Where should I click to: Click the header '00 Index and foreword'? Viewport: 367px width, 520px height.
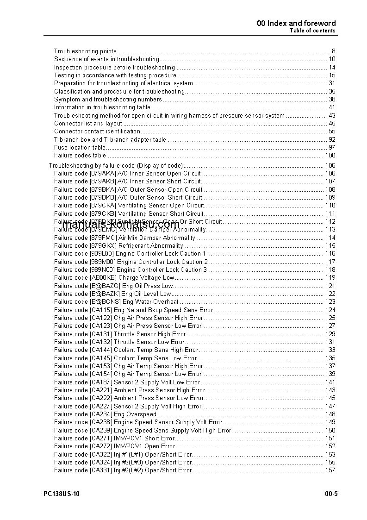pyautogui.click(x=296, y=23)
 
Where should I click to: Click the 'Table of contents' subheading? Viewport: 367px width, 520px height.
pyautogui.click(x=312, y=31)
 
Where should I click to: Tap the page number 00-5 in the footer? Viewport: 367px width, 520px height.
pyautogui.click(x=331, y=494)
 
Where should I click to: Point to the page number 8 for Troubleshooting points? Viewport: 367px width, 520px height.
pyautogui.click(x=333, y=51)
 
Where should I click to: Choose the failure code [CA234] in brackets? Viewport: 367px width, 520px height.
pyautogui.click(x=101, y=414)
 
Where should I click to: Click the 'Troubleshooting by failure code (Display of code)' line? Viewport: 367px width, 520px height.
pyautogui.click(x=116, y=165)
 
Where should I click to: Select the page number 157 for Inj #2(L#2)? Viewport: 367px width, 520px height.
pyautogui.click(x=330, y=470)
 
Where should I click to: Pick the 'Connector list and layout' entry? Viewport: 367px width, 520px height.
pyautogui.click(x=88, y=123)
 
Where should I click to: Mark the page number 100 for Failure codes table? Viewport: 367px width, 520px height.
pyautogui.click(x=330, y=155)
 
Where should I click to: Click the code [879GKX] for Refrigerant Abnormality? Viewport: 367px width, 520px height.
pyautogui.click(x=103, y=245)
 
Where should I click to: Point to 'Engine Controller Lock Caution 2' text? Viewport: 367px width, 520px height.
pyautogui.click(x=162, y=262)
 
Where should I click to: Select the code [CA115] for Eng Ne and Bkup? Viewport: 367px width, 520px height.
pyautogui.click(x=101, y=310)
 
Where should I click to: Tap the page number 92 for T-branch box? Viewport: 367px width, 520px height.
pyautogui.click(x=332, y=139)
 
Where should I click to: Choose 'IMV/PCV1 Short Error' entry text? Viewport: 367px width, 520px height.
pyautogui.click(x=144, y=438)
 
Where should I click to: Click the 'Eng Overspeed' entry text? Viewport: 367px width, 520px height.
pyautogui.click(x=135, y=414)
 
